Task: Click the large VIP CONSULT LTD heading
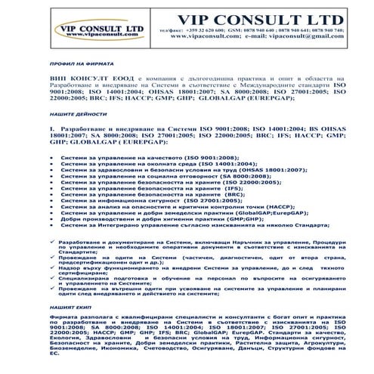click(x=246, y=18)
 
